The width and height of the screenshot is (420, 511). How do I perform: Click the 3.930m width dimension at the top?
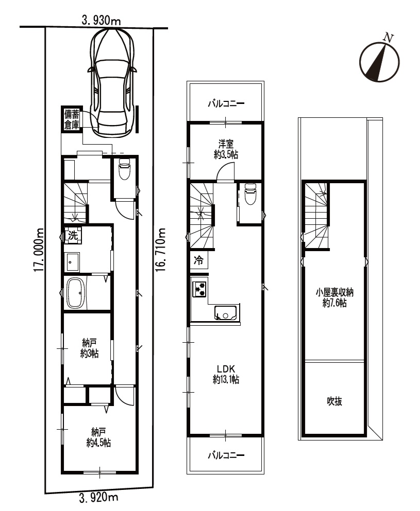[101, 21]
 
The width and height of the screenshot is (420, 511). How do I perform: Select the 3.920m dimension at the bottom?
[98, 498]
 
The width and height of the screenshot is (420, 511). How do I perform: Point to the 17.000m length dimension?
[38, 250]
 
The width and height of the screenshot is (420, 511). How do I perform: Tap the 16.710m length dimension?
[160, 250]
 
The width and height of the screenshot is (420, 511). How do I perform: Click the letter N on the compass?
[388, 38]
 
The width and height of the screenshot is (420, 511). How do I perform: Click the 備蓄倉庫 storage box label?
[72, 119]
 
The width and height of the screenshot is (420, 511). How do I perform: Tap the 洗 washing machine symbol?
[73, 235]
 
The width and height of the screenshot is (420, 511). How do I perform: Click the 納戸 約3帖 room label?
[90, 348]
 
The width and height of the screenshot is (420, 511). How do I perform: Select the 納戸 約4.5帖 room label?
[98, 438]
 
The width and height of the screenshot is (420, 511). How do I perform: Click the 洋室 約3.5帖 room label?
[226, 149]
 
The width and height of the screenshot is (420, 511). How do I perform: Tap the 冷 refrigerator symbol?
[199, 260]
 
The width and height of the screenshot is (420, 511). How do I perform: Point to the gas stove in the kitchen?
[199, 289]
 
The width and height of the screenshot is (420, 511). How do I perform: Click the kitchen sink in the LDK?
[227, 313]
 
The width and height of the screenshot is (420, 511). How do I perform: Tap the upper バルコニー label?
[226, 104]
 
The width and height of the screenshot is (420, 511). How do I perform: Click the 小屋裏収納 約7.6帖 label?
[334, 298]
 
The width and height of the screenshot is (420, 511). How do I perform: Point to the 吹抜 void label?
[334, 401]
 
